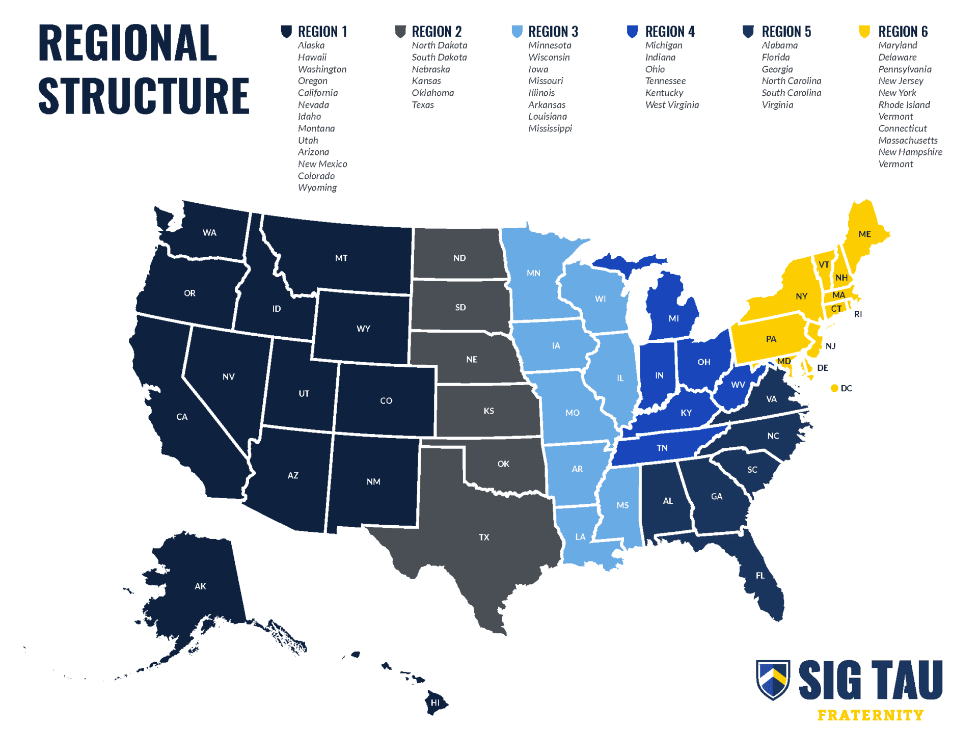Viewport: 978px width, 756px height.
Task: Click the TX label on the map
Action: tap(483, 537)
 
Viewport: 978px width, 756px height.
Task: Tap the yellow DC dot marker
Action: tap(834, 388)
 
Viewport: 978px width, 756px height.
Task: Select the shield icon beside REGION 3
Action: tap(517, 32)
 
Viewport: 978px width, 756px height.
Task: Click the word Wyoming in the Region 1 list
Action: tap(317, 187)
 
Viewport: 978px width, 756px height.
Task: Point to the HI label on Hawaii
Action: tap(435, 703)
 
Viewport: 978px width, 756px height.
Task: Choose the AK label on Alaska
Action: tap(200, 586)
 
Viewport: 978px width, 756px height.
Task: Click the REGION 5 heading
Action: tap(786, 32)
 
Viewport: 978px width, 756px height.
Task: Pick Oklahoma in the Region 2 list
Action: tap(432, 93)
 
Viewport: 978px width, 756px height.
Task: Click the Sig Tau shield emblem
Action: tap(773, 679)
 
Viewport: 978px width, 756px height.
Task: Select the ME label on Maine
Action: tap(864, 234)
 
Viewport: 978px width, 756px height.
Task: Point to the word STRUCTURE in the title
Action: tap(144, 96)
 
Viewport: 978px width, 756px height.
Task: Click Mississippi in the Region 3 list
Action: tap(550, 128)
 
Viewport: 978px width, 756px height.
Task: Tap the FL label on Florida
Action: tap(760, 576)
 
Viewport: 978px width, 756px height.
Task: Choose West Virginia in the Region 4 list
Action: tap(671, 105)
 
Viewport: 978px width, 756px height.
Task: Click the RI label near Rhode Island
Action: tap(858, 314)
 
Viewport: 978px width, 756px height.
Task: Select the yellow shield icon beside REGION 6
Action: tap(864, 32)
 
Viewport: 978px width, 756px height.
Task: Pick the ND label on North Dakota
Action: tap(459, 258)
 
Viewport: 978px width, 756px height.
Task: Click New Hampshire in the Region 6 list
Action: tap(910, 152)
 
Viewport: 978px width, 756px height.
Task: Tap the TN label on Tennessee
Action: tap(662, 448)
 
